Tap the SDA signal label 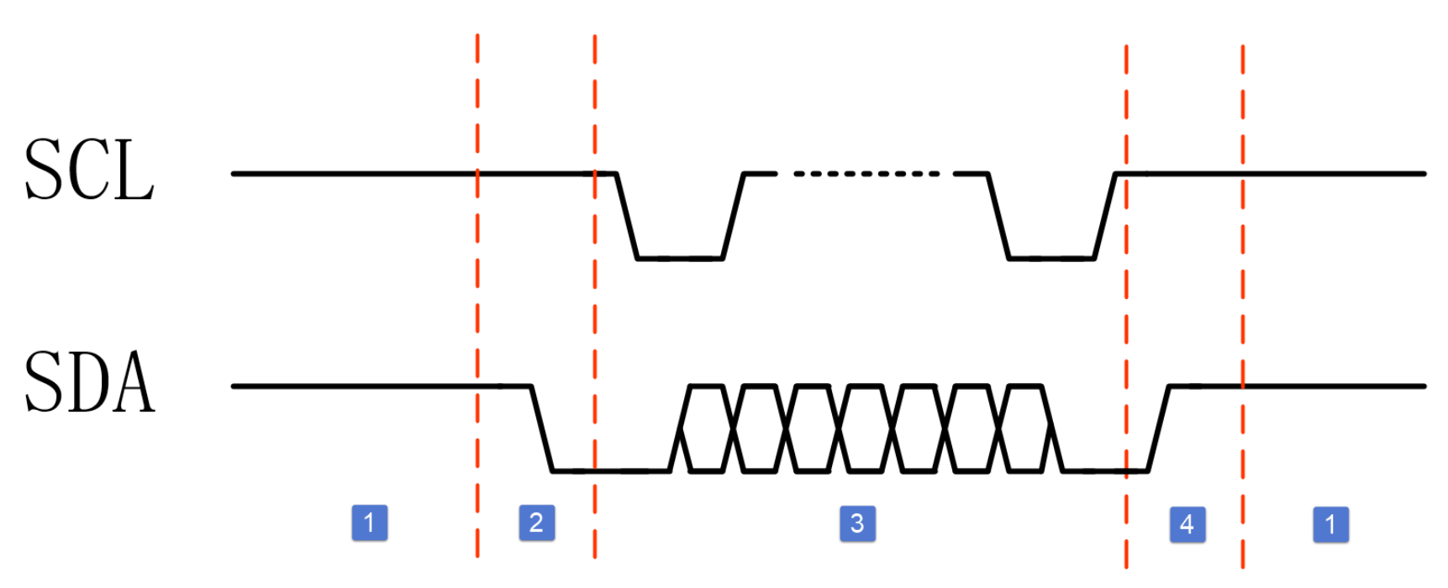(89, 383)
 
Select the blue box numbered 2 (536, 522)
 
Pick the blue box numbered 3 (857, 522)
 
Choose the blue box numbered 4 (1187, 524)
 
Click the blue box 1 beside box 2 (369, 522)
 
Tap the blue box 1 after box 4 (1330, 524)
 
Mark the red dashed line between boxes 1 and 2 (477, 294)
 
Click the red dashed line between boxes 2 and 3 (595, 294)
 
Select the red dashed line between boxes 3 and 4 (1126, 319)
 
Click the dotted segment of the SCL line (866, 174)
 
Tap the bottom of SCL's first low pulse (680, 259)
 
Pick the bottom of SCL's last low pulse (1051, 259)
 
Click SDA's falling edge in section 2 (542, 428)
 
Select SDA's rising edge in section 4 (1159, 428)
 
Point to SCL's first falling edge (627, 216)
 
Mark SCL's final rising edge (1105, 216)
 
